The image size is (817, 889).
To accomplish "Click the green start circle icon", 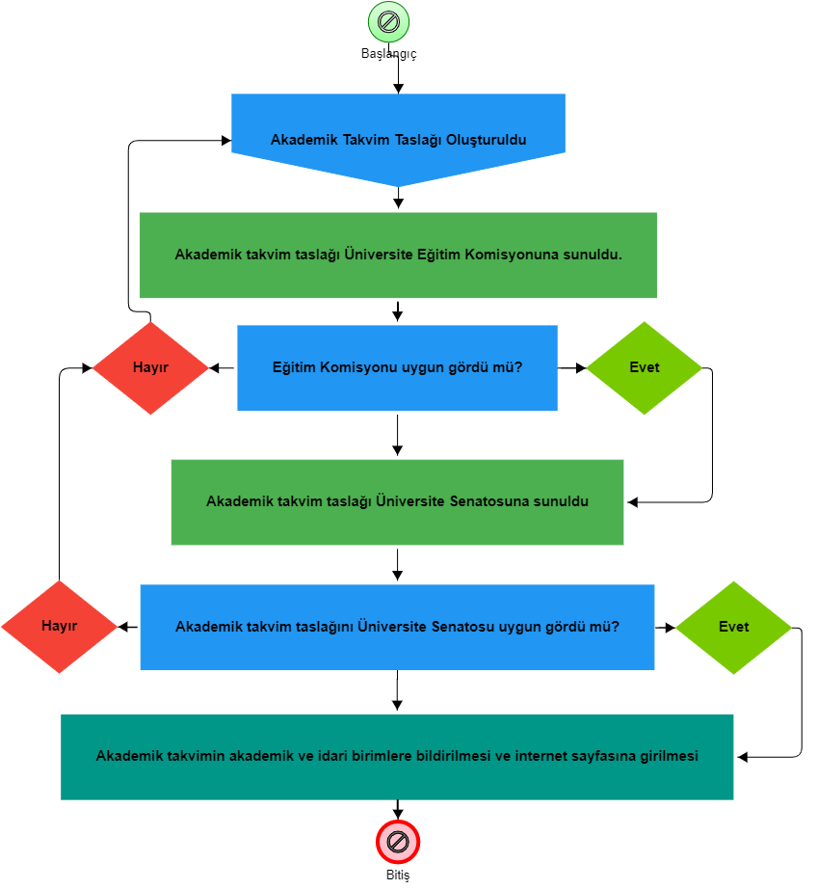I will (388, 22).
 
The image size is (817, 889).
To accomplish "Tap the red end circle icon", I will (398, 842).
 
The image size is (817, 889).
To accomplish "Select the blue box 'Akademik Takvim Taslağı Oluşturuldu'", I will (398, 135).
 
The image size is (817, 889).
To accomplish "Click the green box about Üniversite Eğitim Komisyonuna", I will (398, 256).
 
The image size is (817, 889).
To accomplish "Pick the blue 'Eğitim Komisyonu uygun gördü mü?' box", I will (397, 368).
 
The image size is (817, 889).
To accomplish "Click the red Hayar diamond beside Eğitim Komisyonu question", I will (150, 368).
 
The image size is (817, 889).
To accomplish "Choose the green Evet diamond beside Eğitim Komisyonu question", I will (644, 368).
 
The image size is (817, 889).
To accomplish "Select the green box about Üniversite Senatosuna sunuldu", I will (397, 502).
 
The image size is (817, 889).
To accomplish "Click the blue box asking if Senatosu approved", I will (397, 628).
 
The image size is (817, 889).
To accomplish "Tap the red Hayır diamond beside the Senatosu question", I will (59, 627).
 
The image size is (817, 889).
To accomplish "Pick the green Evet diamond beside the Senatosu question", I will (733, 628).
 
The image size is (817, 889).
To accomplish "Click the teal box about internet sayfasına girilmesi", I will (397, 757).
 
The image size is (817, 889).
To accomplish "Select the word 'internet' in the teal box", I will (543, 757).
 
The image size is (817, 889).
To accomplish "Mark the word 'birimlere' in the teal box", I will (382, 757).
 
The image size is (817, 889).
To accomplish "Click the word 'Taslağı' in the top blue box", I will (418, 140).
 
